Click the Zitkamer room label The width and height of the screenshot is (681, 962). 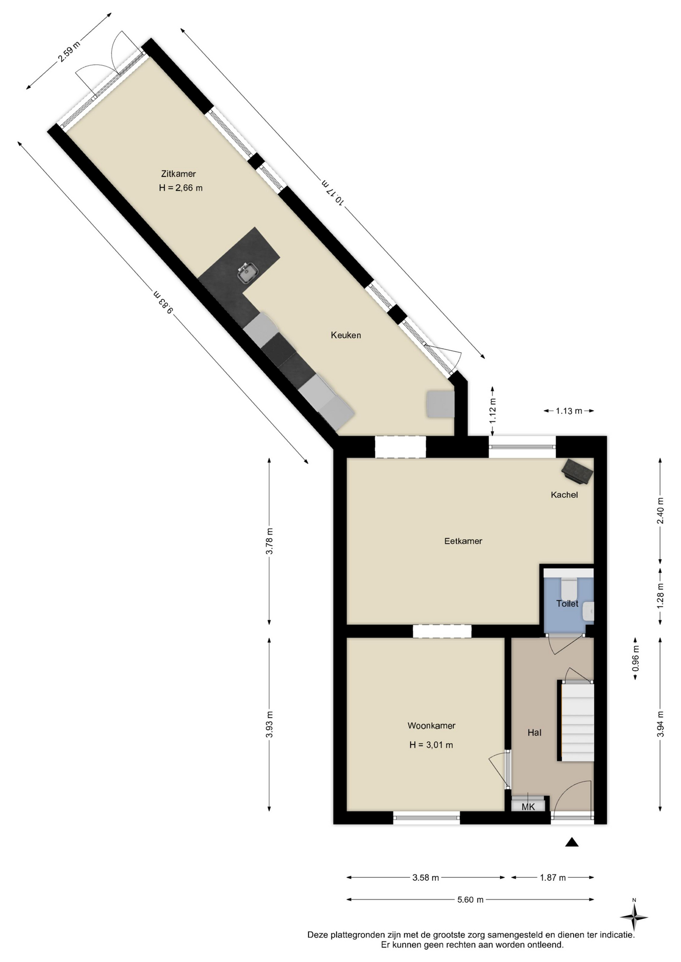pos(179,174)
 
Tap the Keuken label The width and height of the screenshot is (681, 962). pos(346,335)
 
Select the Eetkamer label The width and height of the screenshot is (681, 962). pos(463,541)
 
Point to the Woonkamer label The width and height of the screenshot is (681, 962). pos(431,726)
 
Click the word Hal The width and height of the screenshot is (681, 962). pos(534,733)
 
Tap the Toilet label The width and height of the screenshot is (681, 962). pos(567,604)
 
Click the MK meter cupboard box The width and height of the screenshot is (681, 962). pos(528,806)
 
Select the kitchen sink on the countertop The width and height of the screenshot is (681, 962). pos(247,273)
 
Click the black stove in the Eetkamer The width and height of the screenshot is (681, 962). pos(577,471)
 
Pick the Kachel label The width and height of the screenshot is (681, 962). pos(564,495)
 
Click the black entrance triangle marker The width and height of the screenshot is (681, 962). pos(572,842)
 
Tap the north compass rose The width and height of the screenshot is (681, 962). pos(634,917)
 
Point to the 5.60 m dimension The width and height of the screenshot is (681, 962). pos(470,899)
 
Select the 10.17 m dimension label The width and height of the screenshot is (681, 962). pos(333,192)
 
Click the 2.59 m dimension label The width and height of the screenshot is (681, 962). pos(69,51)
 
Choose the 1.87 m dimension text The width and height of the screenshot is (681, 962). pos(553,877)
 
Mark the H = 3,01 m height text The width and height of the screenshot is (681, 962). pos(431,745)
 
